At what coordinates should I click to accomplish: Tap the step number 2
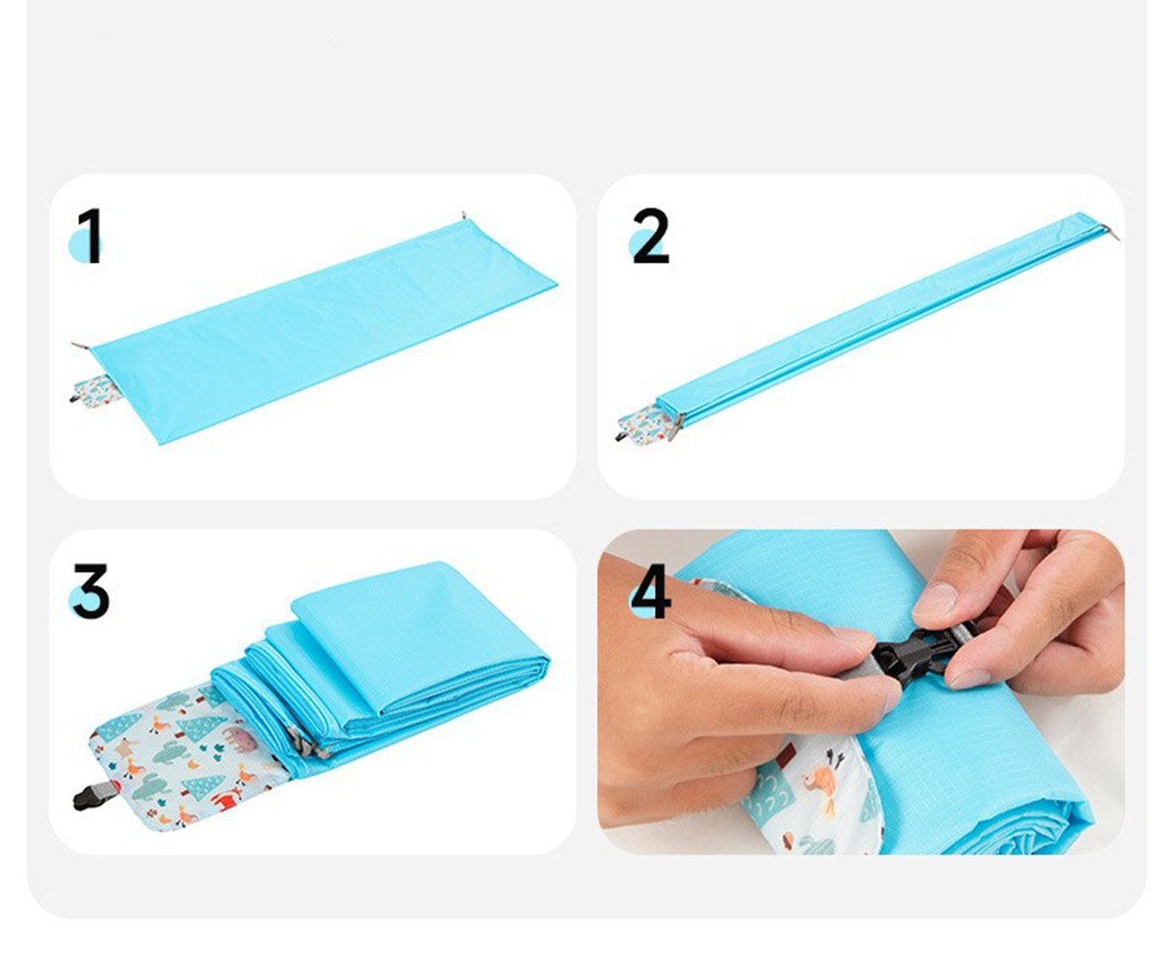(x=651, y=236)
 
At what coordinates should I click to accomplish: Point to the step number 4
(x=651, y=591)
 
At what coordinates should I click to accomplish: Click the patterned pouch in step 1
(x=95, y=390)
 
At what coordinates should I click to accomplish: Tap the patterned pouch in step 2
(x=646, y=424)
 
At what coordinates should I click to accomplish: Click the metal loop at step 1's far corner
(x=464, y=215)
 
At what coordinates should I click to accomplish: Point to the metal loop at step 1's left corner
(x=81, y=345)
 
